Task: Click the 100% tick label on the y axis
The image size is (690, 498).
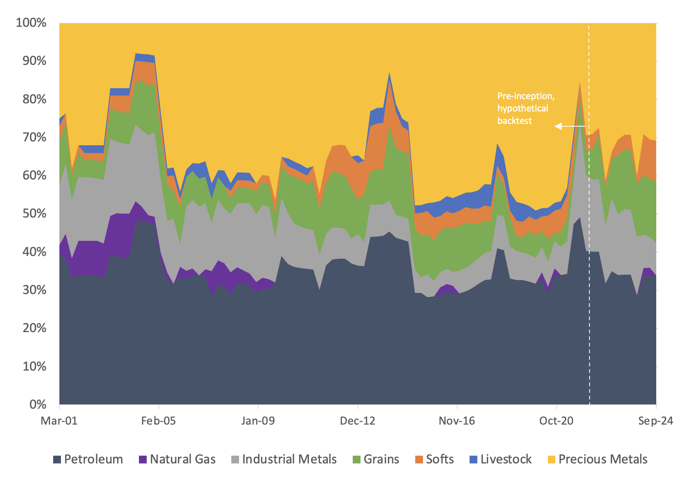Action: pyautogui.click(x=31, y=23)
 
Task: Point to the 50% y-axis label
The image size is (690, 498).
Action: pyautogui.click(x=34, y=214)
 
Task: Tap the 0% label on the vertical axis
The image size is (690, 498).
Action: pyautogui.click(x=38, y=405)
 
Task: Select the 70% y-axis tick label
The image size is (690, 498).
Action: pyautogui.click(x=34, y=137)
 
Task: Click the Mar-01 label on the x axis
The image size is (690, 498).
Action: pyautogui.click(x=59, y=421)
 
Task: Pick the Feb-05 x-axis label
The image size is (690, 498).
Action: pyautogui.click(x=158, y=421)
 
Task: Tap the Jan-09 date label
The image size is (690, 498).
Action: pyautogui.click(x=258, y=421)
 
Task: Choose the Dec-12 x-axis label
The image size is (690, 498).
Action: pyautogui.click(x=357, y=421)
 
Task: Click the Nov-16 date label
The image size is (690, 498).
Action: pyautogui.click(x=457, y=421)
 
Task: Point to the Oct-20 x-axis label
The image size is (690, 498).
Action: pyautogui.click(x=556, y=421)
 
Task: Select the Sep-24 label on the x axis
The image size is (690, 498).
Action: pyautogui.click(x=655, y=421)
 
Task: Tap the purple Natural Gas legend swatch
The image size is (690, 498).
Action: pyautogui.click(x=143, y=460)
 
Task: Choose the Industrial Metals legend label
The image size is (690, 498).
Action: pyautogui.click(x=289, y=459)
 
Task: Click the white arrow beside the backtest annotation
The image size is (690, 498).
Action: pyautogui.click(x=570, y=126)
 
